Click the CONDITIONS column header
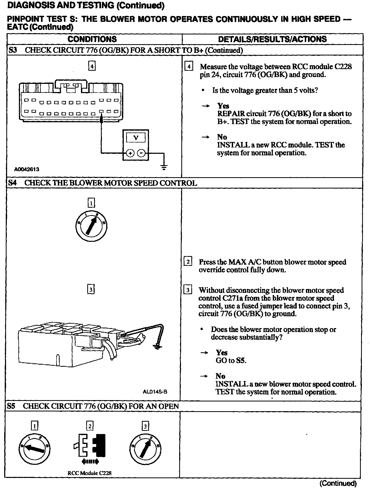92,39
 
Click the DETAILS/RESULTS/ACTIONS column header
272,39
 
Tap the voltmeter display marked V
136,137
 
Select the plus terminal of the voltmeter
130,153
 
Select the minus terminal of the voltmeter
141,153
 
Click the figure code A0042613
27,169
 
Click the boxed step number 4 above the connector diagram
92,66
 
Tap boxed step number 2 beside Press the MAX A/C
188,262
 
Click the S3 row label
13,50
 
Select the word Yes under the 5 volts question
223,106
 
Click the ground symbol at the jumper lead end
157,347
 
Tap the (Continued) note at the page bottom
338,483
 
